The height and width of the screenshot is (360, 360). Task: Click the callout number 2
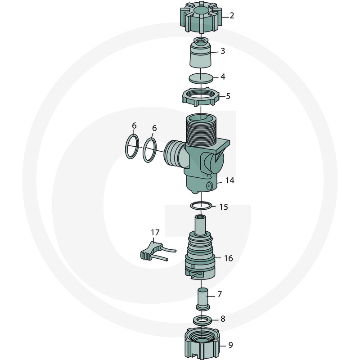(x=232, y=16)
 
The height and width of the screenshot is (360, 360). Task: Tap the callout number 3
(x=222, y=51)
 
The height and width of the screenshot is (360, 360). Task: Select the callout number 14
(x=229, y=180)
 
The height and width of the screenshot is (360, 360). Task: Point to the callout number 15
(x=224, y=207)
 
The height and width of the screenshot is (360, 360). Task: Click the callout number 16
(x=228, y=258)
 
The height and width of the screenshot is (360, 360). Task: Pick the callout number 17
(x=155, y=233)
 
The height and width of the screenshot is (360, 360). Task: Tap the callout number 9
(x=230, y=346)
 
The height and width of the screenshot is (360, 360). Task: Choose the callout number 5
(x=228, y=96)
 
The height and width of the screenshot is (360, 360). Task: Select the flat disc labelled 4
(x=200, y=77)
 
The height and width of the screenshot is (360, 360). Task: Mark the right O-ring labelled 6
(x=150, y=150)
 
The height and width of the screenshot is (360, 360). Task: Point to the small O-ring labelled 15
(x=201, y=206)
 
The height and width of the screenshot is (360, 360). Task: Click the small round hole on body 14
(x=209, y=186)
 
